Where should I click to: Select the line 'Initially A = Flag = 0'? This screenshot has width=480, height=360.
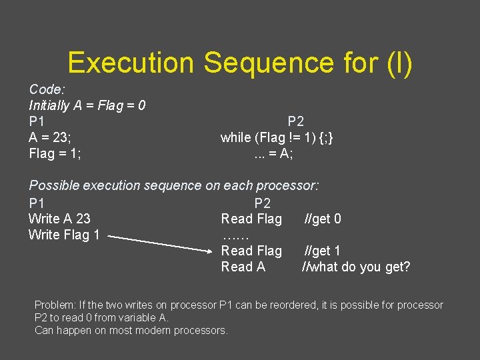coord(87,105)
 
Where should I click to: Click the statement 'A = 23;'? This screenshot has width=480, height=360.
coord(51,138)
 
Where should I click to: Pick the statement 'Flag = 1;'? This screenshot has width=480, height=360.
coord(56,154)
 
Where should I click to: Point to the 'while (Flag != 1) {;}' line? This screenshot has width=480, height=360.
coord(277,138)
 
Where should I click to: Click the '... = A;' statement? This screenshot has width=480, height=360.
coord(273,154)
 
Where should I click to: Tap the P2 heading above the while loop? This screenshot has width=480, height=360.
coord(295,121)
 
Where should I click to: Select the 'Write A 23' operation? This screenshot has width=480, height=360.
coord(59,219)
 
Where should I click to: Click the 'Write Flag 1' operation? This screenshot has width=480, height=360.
coord(64,235)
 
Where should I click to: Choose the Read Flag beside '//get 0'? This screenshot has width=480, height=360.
coord(251,219)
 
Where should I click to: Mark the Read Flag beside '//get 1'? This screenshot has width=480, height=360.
coord(251,251)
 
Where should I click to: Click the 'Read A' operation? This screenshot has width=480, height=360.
coord(243,267)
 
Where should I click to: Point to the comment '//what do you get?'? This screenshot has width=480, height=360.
coord(356,267)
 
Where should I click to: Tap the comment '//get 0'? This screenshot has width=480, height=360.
coord(323,219)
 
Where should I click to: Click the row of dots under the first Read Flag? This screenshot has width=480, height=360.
coord(235,236)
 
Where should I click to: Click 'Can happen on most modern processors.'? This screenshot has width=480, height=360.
coord(131,330)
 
